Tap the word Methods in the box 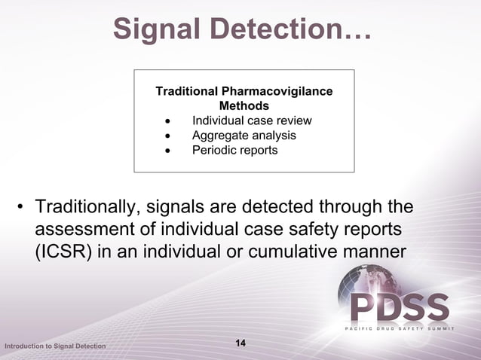pos(244,106)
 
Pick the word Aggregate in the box pos(217,136)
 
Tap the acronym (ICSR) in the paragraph pos(63,251)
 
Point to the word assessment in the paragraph pos(83,228)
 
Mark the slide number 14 pos(240,343)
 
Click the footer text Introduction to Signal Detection pos(55,346)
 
